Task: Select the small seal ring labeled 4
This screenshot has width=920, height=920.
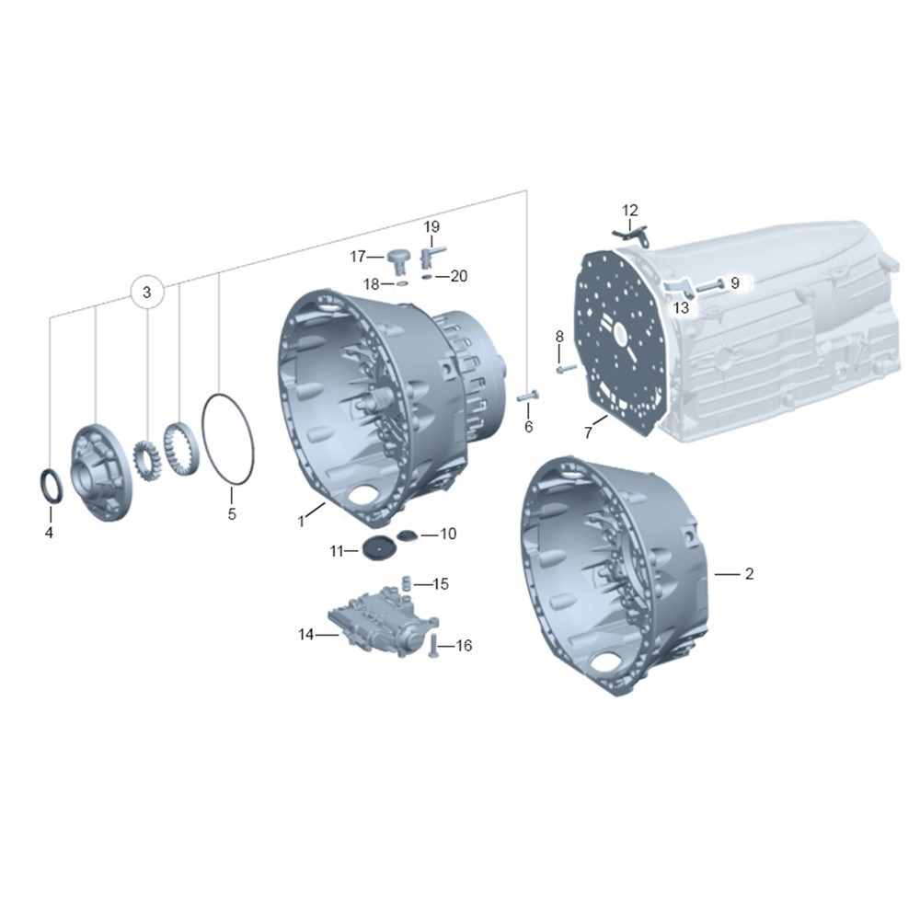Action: [51, 485]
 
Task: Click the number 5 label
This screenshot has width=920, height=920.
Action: [231, 513]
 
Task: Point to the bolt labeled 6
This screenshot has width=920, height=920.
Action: [527, 397]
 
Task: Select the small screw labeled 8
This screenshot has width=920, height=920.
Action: [564, 369]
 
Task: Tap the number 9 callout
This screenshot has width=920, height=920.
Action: [735, 283]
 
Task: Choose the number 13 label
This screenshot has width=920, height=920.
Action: [681, 308]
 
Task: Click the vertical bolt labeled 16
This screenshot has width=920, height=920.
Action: [431, 650]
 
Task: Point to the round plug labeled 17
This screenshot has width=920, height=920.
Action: [399, 259]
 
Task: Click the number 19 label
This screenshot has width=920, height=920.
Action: [431, 226]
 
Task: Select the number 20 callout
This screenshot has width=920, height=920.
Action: [458, 276]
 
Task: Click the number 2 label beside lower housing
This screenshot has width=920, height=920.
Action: [749, 574]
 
